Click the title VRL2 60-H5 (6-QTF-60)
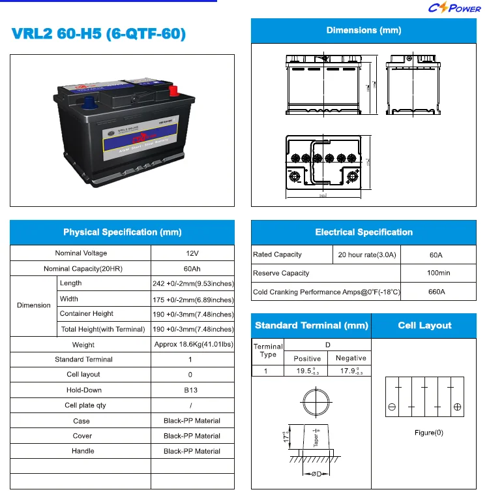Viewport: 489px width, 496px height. pos(98,35)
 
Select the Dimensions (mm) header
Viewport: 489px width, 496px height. pos(363,31)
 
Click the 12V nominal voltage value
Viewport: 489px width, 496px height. pos(192,253)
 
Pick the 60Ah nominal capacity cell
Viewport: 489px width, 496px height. pos(192,269)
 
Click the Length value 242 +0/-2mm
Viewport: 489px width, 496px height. pos(192,284)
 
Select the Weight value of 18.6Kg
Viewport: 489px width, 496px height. pos(192,344)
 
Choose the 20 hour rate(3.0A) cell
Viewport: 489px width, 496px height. pos(367,255)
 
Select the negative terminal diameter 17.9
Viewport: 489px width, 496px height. pos(349,371)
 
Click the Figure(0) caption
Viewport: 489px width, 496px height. pos(428,433)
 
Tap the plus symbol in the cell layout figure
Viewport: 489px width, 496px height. pos(458,407)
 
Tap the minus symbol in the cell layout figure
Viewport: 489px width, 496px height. pos(392,407)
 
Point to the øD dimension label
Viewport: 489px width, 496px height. pos(315,474)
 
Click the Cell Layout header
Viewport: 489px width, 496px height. pos(424,326)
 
